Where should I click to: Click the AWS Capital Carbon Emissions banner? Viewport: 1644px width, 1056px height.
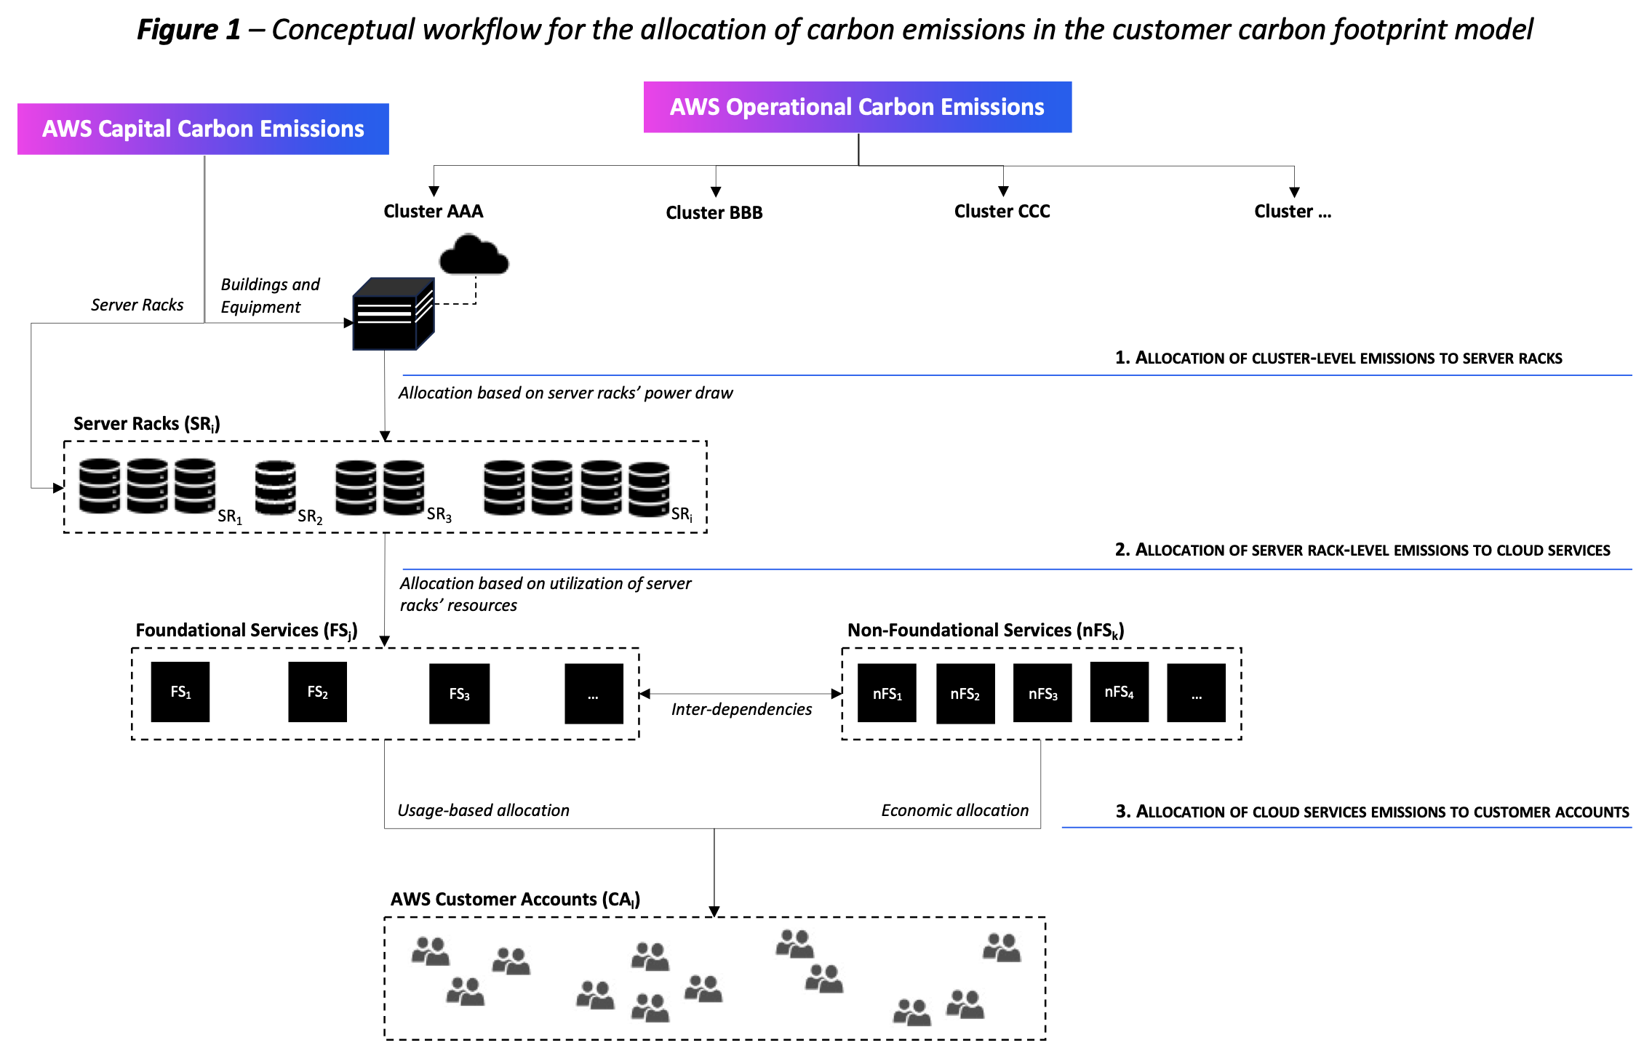pyautogui.click(x=203, y=129)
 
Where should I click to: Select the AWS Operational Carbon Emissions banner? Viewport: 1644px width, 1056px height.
pyautogui.click(x=857, y=107)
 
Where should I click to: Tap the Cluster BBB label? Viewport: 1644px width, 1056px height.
pyautogui.click(x=714, y=212)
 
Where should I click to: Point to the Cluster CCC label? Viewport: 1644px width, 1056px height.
pyautogui.click(x=1002, y=211)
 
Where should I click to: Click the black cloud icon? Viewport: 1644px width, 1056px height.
pyautogui.click(x=474, y=256)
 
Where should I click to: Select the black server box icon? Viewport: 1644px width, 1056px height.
pyautogui.click(x=393, y=314)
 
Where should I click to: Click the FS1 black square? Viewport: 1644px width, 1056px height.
pyautogui.click(x=180, y=692)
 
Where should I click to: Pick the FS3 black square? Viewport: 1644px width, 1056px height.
pyautogui.click(x=459, y=694)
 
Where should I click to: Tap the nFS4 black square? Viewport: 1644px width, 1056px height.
pyautogui.click(x=1119, y=692)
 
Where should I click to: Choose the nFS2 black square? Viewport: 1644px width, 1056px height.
pyautogui.click(x=965, y=694)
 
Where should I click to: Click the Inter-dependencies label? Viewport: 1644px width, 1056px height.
pyautogui.click(x=741, y=709)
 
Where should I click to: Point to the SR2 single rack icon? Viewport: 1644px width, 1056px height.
pyautogui.click(x=275, y=487)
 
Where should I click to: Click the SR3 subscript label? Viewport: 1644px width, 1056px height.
pyautogui.click(x=439, y=515)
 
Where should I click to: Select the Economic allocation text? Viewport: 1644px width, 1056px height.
pyautogui.click(x=954, y=810)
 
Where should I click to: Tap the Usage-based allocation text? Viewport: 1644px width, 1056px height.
pyautogui.click(x=483, y=810)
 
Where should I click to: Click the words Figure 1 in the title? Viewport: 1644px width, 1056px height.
pyautogui.click(x=188, y=30)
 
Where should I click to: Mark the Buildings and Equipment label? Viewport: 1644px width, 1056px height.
pyautogui.click(x=270, y=295)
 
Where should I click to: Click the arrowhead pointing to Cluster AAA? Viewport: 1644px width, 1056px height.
pyautogui.click(x=434, y=191)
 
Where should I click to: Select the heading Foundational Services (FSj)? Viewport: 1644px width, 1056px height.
pyautogui.click(x=246, y=631)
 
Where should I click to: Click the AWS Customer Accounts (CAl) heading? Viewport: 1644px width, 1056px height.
pyautogui.click(x=515, y=900)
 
